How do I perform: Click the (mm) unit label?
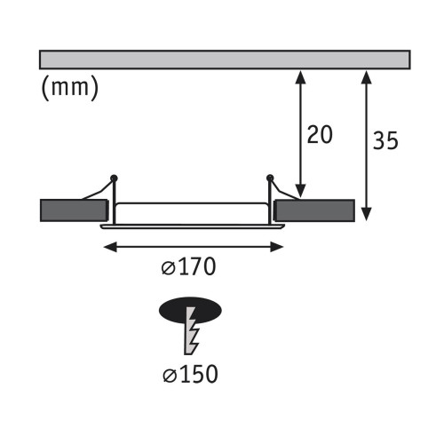tap(69, 88)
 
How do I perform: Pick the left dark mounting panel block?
tap(74, 210)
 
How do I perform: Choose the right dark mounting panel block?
tap(314, 210)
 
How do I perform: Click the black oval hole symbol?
tap(191, 311)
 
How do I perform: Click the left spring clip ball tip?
tap(115, 178)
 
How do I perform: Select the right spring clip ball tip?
tap(270, 178)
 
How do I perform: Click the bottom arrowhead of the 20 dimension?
tap(302, 194)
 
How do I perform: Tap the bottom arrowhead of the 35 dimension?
tap(368, 217)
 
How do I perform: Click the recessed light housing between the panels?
tap(193, 211)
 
